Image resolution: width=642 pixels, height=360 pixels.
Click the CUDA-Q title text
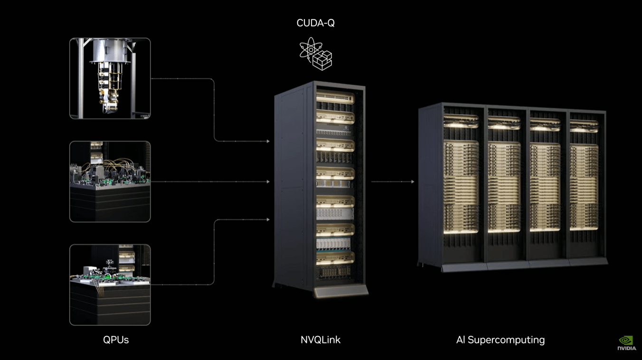(315, 23)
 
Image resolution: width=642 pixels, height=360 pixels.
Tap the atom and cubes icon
(316, 54)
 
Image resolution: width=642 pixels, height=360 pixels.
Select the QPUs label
(116, 340)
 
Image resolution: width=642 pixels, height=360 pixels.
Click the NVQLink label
(321, 340)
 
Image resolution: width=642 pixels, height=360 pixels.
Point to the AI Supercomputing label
(500, 340)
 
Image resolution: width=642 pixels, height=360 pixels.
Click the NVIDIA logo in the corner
(626, 343)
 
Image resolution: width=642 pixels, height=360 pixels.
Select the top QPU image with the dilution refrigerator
(110, 78)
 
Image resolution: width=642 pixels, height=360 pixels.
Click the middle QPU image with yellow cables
(110, 181)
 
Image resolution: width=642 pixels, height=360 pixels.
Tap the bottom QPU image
(110, 285)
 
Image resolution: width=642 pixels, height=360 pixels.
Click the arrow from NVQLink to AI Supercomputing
(392, 181)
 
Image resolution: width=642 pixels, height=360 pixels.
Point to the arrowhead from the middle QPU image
(268, 181)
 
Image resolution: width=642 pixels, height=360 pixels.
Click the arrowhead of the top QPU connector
(268, 141)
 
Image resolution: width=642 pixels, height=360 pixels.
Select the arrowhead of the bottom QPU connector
(268, 219)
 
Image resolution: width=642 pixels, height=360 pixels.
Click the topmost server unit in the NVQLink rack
(335, 97)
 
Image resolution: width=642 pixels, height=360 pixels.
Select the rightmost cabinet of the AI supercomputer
(585, 185)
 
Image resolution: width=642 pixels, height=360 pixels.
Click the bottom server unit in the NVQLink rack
(335, 272)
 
